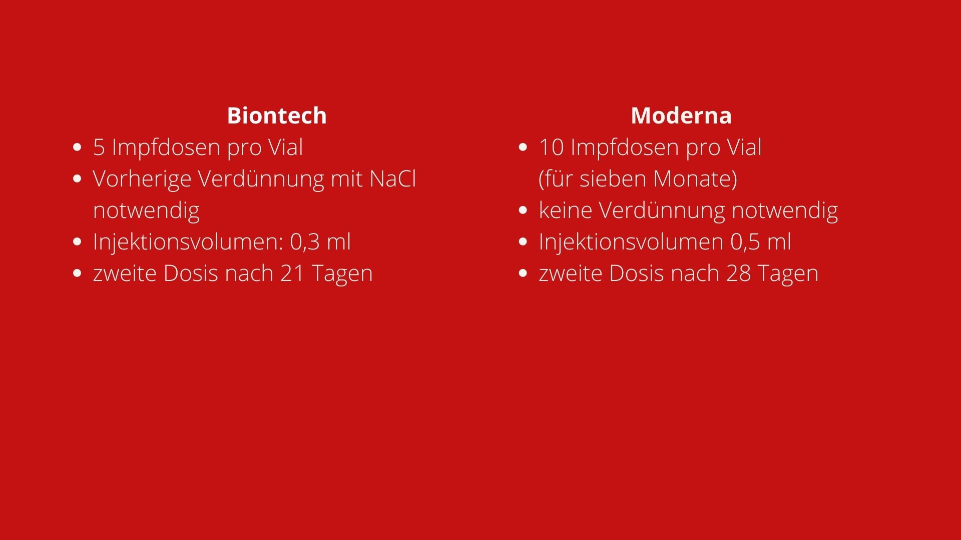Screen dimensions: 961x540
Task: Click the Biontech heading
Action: pyautogui.click(x=277, y=115)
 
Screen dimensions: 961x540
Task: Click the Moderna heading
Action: pyautogui.click(x=681, y=115)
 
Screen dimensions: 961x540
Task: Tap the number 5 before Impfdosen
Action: pyautogui.click(x=99, y=147)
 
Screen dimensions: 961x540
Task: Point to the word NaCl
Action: pyautogui.click(x=393, y=179)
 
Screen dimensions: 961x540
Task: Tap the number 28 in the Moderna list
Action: pyautogui.click(x=738, y=273)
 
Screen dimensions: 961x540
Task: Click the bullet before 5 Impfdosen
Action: pyautogui.click(x=77, y=147)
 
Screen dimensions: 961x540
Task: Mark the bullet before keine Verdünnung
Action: pyautogui.click(x=523, y=210)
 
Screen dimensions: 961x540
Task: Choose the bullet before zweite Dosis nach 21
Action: pyautogui.click(x=77, y=273)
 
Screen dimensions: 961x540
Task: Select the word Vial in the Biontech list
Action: pyautogui.click(x=286, y=147)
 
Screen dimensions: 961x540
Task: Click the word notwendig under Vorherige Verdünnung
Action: pyautogui.click(x=146, y=210)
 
